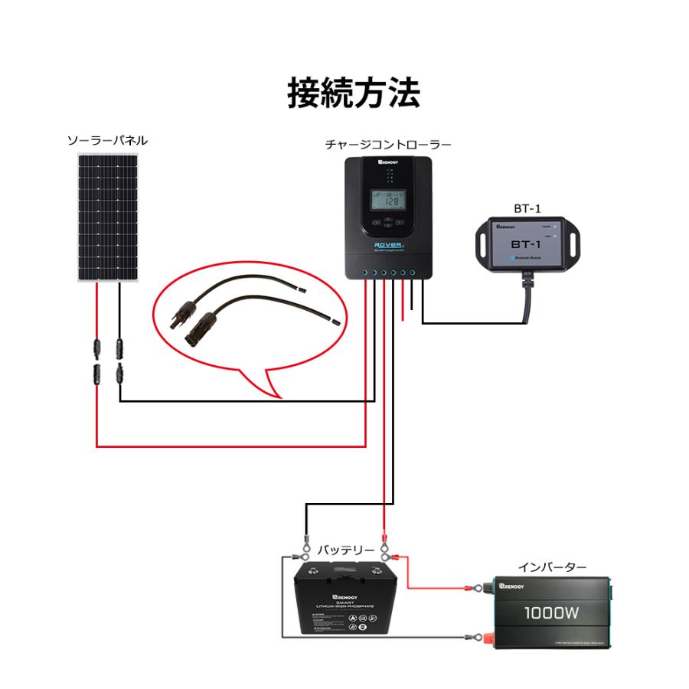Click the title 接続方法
[354, 93]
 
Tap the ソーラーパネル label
[107, 141]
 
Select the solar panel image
[107, 217]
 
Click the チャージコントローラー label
[387, 144]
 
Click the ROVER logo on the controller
[384, 238]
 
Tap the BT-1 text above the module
[527, 208]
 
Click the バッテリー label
[346, 550]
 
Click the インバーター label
[552, 567]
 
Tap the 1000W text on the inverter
[551, 614]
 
